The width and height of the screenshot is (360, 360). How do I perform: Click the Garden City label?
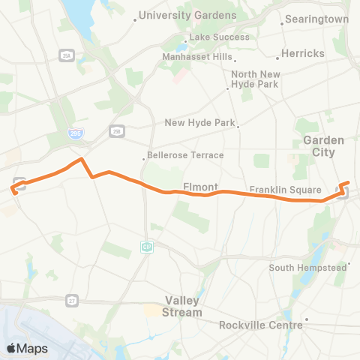[x=323, y=145]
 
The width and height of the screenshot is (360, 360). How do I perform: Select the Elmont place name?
[x=200, y=186]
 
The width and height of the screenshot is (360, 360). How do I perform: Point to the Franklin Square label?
[x=286, y=190]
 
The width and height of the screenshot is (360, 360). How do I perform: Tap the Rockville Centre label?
[x=261, y=325]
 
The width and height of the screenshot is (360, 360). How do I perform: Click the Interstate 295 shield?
[x=78, y=133]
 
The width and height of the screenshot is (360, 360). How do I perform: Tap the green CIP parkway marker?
[x=147, y=246]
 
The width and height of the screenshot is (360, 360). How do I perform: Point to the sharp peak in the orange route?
[x=81, y=159]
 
